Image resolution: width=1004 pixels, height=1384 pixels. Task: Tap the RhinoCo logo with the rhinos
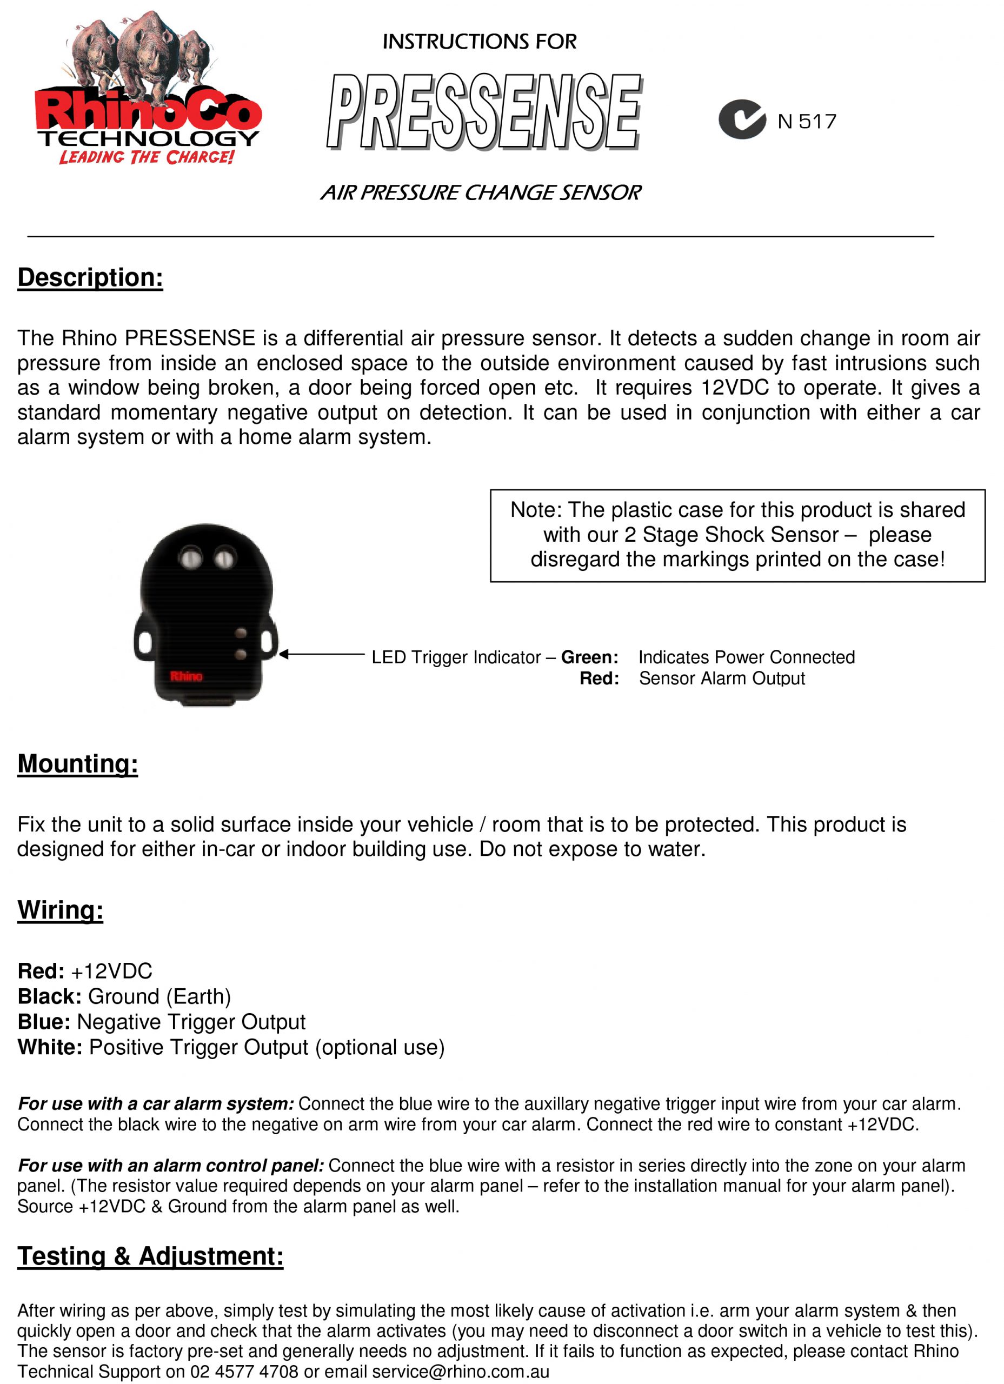click(148, 89)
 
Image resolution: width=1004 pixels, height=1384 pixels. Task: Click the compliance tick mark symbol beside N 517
click(742, 119)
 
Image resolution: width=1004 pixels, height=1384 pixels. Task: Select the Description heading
click(90, 278)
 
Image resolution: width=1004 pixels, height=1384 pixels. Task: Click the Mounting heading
click(77, 764)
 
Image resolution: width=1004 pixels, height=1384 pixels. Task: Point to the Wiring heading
click(61, 910)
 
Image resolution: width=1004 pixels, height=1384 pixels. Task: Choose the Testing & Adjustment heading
click(150, 1256)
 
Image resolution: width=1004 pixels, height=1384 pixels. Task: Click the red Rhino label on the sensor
click(186, 676)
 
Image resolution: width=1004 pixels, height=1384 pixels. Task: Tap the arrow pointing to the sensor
click(322, 654)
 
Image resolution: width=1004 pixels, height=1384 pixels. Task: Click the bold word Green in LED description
click(589, 657)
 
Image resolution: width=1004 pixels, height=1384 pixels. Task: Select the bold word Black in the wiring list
click(49, 996)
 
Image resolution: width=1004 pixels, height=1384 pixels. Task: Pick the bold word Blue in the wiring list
click(44, 1022)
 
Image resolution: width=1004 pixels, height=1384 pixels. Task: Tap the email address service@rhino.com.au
click(461, 1372)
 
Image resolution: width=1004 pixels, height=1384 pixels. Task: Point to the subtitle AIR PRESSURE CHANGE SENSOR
click(481, 193)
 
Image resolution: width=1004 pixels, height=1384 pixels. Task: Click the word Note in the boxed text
click(535, 510)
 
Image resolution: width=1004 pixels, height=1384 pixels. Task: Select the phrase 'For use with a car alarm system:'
click(156, 1104)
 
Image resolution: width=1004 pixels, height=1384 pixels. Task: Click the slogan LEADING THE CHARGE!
click(147, 157)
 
